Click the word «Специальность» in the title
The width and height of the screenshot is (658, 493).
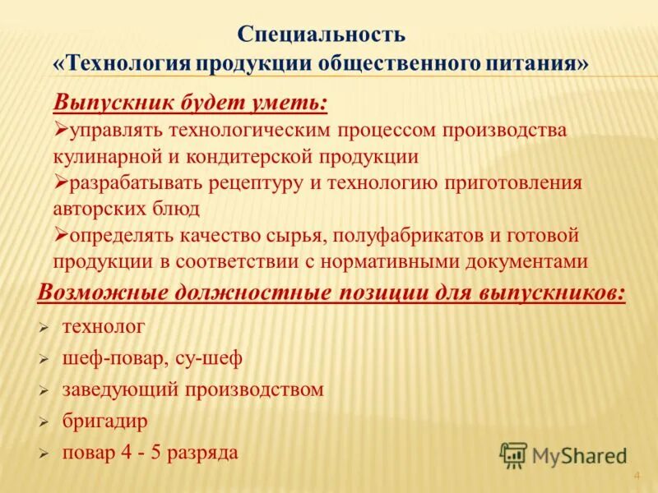point(322,35)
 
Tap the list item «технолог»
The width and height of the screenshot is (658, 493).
point(104,327)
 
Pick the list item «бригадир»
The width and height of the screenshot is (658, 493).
point(104,421)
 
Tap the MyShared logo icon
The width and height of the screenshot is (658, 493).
point(513,454)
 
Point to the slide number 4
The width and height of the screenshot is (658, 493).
point(636,477)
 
